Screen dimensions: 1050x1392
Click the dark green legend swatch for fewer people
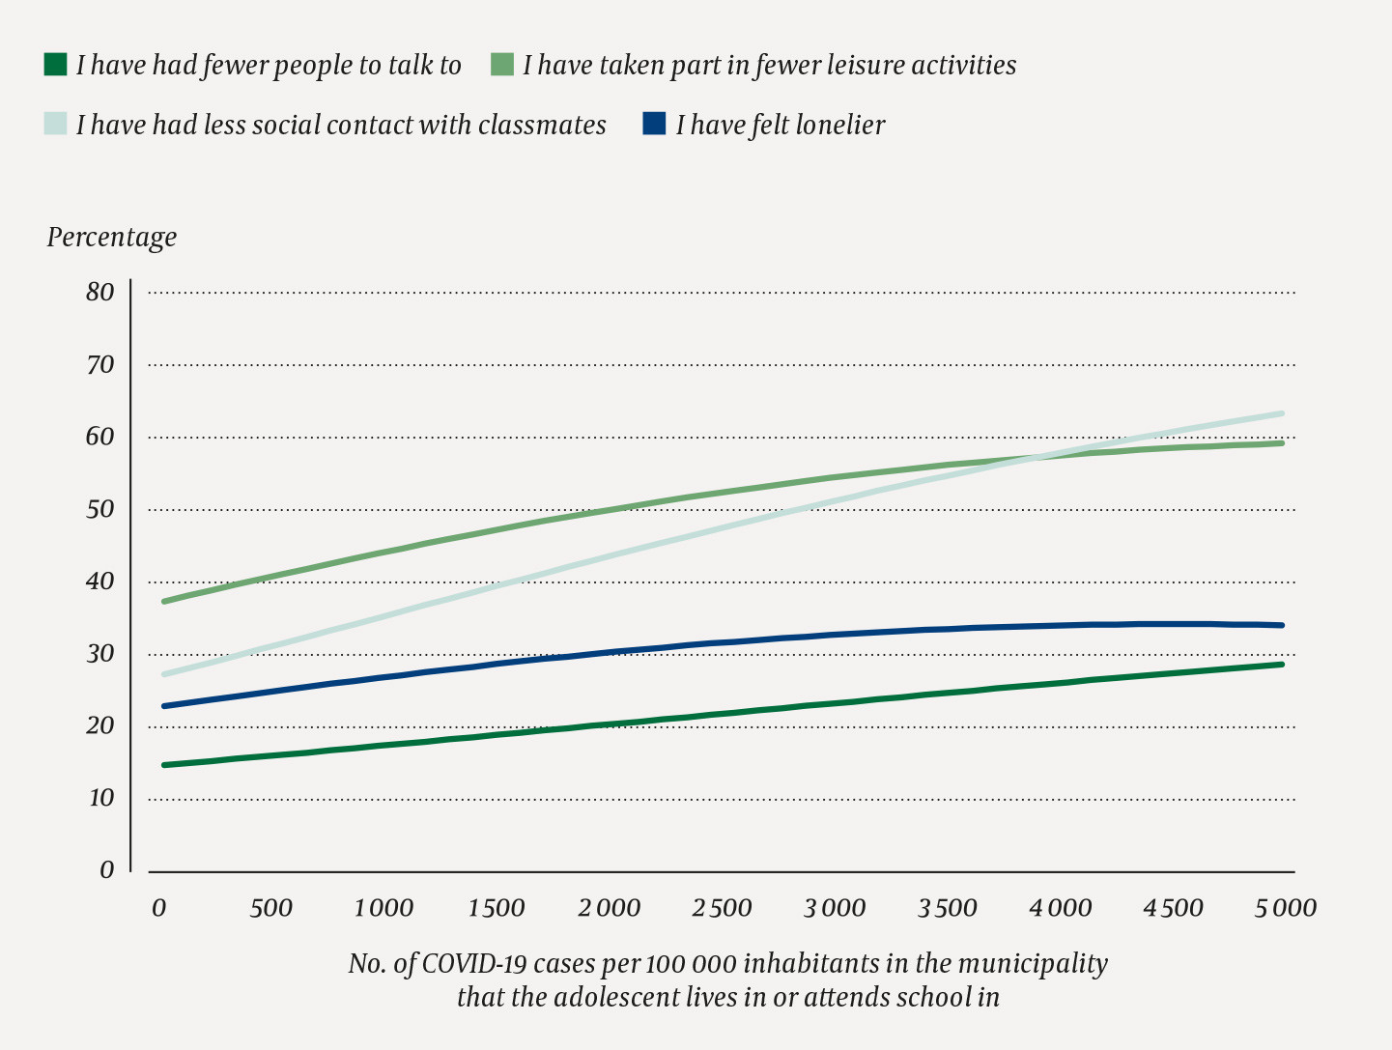(55, 65)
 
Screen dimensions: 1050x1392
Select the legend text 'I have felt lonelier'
(780, 126)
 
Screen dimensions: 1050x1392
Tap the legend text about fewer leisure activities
(769, 66)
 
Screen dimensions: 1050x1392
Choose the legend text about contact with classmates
(341, 126)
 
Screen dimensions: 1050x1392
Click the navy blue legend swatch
(654, 125)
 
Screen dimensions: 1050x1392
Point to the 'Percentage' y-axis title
(112, 238)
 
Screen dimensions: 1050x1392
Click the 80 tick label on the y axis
(99, 292)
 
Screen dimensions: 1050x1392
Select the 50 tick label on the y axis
(99, 509)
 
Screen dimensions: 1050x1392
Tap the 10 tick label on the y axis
(99, 798)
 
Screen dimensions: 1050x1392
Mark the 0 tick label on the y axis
(106, 870)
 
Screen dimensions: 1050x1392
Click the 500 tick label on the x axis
(270, 909)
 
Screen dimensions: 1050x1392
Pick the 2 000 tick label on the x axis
(609, 909)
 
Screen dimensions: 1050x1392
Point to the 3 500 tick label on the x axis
(947, 909)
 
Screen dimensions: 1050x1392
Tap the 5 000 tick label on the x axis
(1286, 909)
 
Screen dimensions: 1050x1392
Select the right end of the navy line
(1282, 625)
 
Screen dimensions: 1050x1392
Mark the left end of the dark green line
(164, 765)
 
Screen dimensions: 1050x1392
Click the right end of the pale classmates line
(1282, 413)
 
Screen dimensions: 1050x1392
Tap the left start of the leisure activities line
(164, 601)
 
